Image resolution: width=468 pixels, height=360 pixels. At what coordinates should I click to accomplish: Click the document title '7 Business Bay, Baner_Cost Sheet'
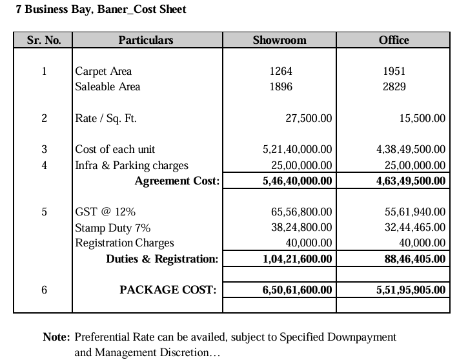[101, 10]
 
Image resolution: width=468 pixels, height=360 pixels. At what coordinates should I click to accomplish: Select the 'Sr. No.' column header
[44, 40]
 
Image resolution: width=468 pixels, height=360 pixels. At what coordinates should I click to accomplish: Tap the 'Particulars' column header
[146, 40]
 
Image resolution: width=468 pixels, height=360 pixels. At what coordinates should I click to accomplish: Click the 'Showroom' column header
[280, 40]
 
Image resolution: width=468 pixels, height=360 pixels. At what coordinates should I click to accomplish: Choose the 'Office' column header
[394, 40]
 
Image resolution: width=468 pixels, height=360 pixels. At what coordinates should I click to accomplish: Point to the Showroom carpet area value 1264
[280, 71]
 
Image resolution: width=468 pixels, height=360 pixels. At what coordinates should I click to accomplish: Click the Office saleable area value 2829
[394, 86]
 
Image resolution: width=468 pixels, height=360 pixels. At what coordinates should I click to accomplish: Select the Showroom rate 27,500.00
[309, 118]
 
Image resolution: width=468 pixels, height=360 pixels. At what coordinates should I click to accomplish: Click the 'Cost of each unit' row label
[115, 149]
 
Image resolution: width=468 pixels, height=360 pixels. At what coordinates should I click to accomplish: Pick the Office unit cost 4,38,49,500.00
[411, 149]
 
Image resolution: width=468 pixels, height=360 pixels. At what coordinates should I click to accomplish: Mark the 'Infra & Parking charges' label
[132, 165]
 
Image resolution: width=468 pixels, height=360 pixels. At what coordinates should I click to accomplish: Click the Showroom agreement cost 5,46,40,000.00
[298, 181]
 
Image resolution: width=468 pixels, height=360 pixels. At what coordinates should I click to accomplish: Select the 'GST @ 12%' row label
[105, 212]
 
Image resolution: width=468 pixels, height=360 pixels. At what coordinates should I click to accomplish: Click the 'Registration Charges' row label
[125, 243]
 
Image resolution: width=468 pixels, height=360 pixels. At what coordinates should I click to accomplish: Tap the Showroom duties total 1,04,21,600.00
[298, 259]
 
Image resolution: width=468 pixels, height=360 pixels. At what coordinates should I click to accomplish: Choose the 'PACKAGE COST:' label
[168, 290]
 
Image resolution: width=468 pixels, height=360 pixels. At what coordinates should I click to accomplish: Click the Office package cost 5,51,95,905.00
[411, 290]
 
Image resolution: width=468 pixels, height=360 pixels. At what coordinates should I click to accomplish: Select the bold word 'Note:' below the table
[56, 337]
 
